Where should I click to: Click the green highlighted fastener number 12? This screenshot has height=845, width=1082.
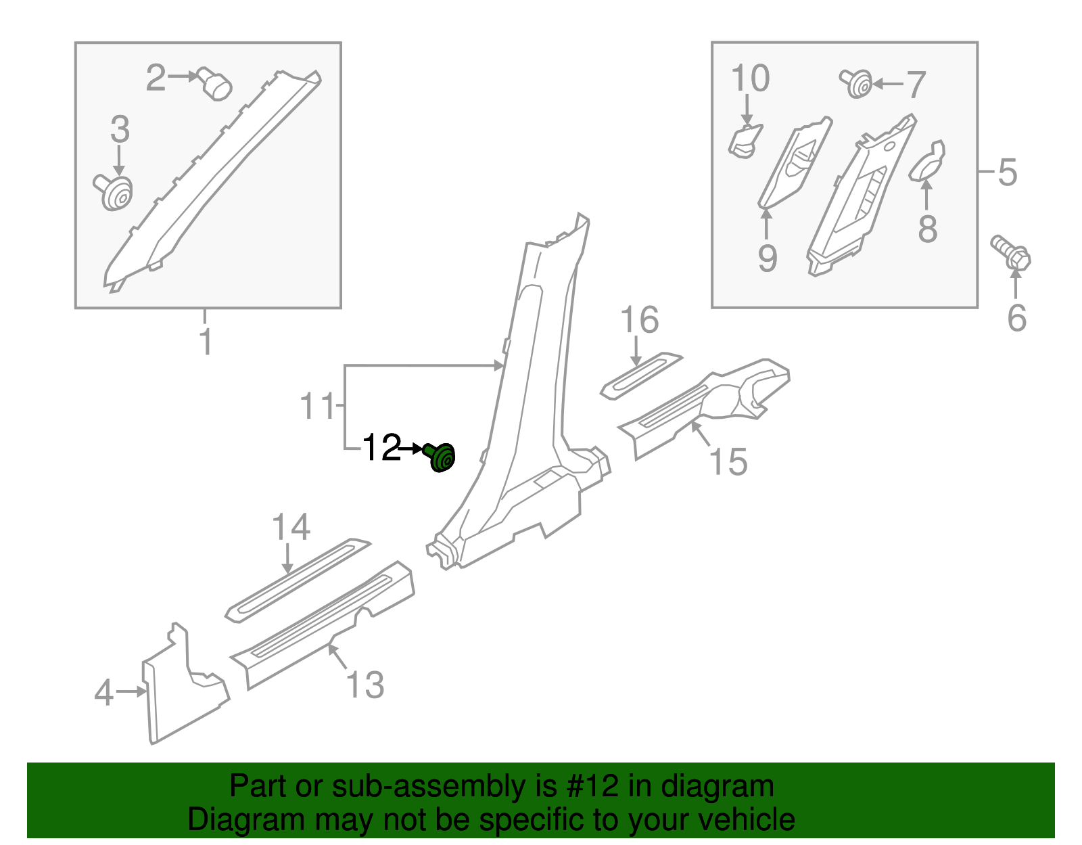coord(442,458)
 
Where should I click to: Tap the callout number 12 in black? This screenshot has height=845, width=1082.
coord(382,448)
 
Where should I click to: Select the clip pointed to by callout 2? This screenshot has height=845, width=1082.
coord(215,85)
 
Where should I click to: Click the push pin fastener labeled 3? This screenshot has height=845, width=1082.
coord(114,192)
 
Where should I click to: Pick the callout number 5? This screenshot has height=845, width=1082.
coord(1007,173)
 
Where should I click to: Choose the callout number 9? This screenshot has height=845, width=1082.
coord(767,258)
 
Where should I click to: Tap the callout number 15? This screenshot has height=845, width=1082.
coord(728,462)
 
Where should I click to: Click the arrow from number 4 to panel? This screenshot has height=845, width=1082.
coord(131,691)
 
